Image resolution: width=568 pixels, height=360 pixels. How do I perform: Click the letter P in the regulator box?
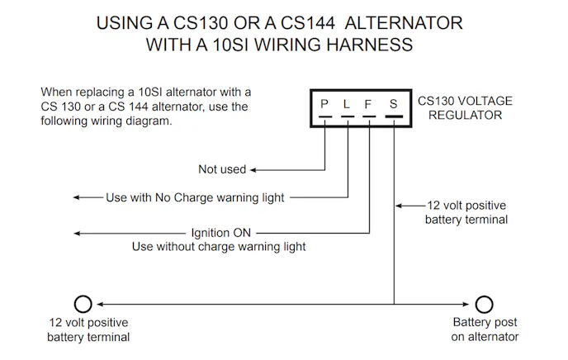tap(326, 106)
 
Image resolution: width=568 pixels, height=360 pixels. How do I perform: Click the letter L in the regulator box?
tap(348, 106)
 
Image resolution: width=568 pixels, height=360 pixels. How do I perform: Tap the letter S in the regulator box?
tap(394, 106)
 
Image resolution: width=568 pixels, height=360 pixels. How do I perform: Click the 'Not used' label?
tap(222, 169)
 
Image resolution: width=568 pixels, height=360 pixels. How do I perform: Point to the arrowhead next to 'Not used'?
tap(254, 169)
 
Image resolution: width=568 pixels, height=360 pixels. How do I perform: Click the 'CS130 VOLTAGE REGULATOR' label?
tap(465, 108)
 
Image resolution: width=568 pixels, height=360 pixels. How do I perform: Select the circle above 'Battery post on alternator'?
tap(485, 303)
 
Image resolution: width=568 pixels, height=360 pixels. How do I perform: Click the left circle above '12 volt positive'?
tap(83, 303)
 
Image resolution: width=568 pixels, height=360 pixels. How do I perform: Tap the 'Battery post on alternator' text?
tap(485, 329)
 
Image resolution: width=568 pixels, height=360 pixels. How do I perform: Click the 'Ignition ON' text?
tap(220, 233)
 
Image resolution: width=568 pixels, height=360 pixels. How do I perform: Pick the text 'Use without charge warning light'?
tap(219, 246)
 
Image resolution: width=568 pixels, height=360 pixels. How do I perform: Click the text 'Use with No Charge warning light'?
tap(195, 197)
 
